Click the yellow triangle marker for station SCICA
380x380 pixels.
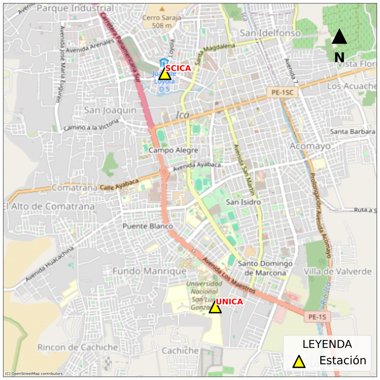pos(165,74)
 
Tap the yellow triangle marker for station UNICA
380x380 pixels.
pos(215,308)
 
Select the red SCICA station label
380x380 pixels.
pos(178,68)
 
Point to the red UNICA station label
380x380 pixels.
pos(229,302)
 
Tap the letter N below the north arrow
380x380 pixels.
pos(339,58)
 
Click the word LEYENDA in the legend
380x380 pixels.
pos(327,344)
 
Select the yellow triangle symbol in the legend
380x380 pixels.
pos(299,361)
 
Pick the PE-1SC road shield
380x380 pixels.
pos(282,93)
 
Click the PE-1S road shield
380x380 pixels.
pos(317,317)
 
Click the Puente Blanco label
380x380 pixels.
pos(148,226)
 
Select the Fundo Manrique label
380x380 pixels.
pos(149,271)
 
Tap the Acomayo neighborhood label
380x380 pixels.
pos(310,146)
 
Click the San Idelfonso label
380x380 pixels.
pos(270,33)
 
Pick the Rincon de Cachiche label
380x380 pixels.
pos(78,348)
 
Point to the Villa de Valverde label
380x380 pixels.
pos(337,271)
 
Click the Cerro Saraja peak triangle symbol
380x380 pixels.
pos(162,8)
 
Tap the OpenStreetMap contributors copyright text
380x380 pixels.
pos(34,374)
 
